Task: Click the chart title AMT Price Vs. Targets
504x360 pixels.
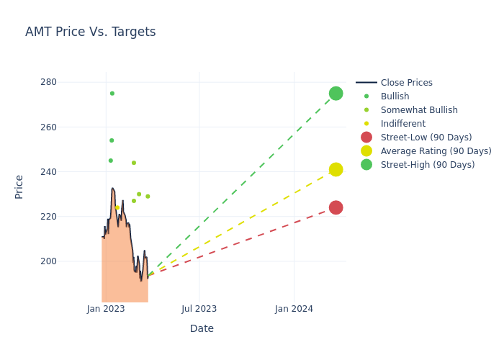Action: [90, 32]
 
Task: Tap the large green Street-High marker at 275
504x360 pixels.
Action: [336, 94]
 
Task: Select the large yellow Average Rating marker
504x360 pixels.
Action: [336, 169]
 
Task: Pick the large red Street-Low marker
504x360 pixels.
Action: [336, 207]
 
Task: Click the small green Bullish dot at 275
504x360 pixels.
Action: [112, 94]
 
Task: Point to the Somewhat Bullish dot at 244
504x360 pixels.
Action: [134, 163]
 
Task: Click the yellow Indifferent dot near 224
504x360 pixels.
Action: [117, 207]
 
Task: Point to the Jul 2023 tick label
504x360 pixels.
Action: [199, 309]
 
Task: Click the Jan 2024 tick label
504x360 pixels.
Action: [294, 309]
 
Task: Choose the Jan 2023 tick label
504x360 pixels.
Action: [106, 309]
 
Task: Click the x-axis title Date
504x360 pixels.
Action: [202, 329]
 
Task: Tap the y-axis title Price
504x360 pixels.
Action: [19, 186]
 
